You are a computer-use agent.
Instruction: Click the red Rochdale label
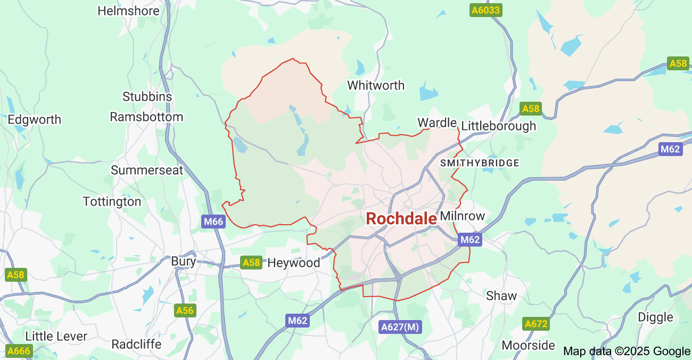401,218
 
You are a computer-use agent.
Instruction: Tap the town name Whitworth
376,85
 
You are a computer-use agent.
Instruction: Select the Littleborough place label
498,126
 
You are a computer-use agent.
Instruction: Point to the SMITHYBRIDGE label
480,163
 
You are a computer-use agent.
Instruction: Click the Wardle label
437,123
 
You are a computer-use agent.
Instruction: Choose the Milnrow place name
463,216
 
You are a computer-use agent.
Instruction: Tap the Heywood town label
294,263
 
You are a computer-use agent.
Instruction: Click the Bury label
184,261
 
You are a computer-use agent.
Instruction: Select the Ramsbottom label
146,117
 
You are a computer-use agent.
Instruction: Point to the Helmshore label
128,11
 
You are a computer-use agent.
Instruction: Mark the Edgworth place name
34,119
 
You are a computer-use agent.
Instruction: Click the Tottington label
112,202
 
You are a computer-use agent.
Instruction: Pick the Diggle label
655,317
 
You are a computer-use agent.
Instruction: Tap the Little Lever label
56,337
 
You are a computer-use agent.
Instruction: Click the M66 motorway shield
213,222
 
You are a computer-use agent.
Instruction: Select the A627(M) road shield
400,327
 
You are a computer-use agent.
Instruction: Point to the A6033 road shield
486,10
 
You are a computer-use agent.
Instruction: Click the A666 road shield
19,351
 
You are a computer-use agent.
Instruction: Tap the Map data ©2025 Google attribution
627,351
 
